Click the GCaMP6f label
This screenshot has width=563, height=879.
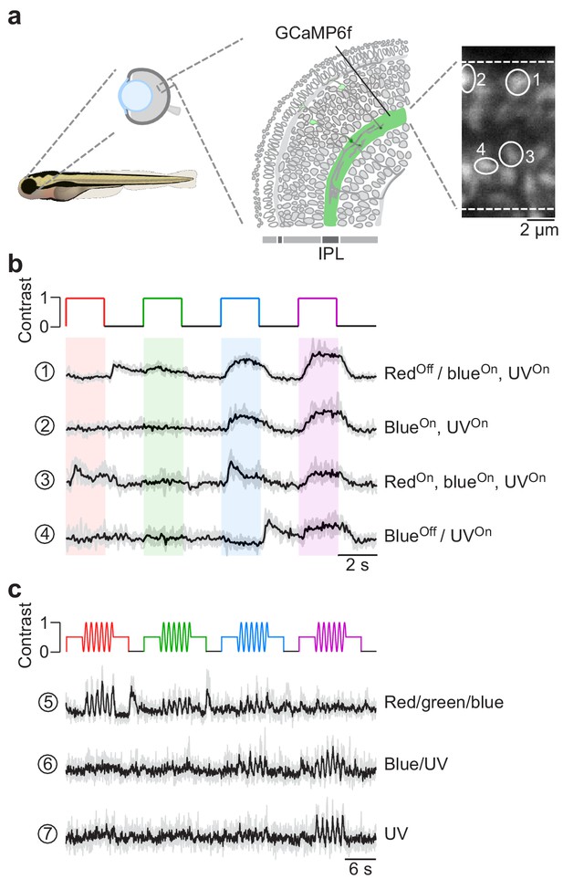click(313, 33)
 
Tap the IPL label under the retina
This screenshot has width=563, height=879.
click(330, 254)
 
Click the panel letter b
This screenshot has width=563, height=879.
click(16, 265)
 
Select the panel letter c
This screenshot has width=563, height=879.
click(16, 590)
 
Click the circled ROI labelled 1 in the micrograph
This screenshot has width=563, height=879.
click(506, 82)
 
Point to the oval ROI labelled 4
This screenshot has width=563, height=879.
click(475, 166)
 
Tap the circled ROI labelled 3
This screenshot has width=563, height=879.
click(499, 154)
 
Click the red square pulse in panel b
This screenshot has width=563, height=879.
click(85, 298)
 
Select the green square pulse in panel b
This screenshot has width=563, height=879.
click(162, 298)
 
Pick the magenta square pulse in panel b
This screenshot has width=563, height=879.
click(318, 298)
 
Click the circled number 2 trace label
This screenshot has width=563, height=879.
click(45, 426)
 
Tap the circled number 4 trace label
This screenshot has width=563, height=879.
click(45, 534)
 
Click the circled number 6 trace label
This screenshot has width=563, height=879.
click(47, 765)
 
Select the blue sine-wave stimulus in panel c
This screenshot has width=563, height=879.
click(252, 637)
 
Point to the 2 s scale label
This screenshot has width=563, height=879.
click(358, 564)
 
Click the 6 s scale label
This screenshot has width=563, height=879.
click(360, 868)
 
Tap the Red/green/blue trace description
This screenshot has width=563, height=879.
click(443, 703)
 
